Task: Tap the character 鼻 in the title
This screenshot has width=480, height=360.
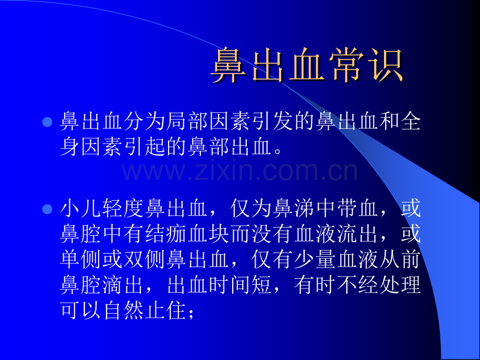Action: point(230,66)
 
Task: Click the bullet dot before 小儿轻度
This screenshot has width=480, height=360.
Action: point(47,210)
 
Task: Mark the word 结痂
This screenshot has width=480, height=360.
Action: point(167,235)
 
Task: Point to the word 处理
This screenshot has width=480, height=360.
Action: point(402,286)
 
